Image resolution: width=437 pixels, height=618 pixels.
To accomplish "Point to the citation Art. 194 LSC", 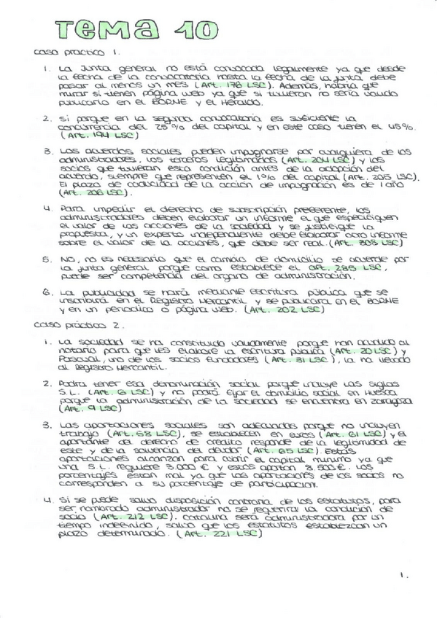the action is pos(85,136).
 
